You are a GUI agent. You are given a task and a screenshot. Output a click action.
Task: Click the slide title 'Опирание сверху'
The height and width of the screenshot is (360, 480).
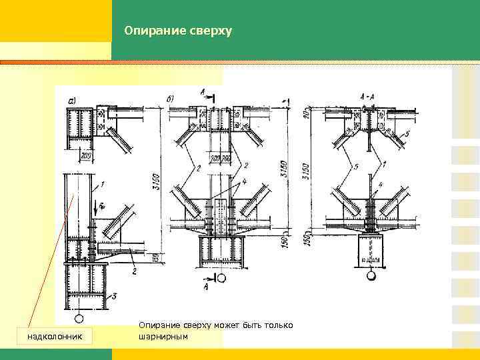(177, 31)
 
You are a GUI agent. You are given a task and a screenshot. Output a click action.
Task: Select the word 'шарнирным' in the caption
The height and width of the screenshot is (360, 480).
(163, 337)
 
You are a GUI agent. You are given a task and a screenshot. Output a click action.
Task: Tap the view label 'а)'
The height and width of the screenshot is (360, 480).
(71, 101)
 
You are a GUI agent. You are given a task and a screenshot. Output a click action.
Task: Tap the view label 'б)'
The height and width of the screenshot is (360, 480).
(171, 100)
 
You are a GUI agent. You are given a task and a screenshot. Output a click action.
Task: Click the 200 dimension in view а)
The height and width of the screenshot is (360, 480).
(85, 155)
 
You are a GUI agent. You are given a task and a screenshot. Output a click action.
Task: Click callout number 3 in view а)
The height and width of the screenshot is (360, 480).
(114, 295)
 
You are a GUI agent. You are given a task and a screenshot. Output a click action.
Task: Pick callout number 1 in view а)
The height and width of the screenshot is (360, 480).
(101, 183)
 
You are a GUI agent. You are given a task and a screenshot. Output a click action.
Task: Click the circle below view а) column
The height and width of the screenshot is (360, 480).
(79, 319)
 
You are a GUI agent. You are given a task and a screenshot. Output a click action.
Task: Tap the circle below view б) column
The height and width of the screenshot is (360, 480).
(221, 277)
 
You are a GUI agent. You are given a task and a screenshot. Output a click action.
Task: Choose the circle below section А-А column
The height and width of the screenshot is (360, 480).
(371, 274)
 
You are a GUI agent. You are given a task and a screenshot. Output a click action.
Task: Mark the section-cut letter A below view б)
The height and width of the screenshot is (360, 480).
(205, 287)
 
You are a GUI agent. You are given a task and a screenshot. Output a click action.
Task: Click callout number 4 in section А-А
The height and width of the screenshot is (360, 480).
(379, 184)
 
